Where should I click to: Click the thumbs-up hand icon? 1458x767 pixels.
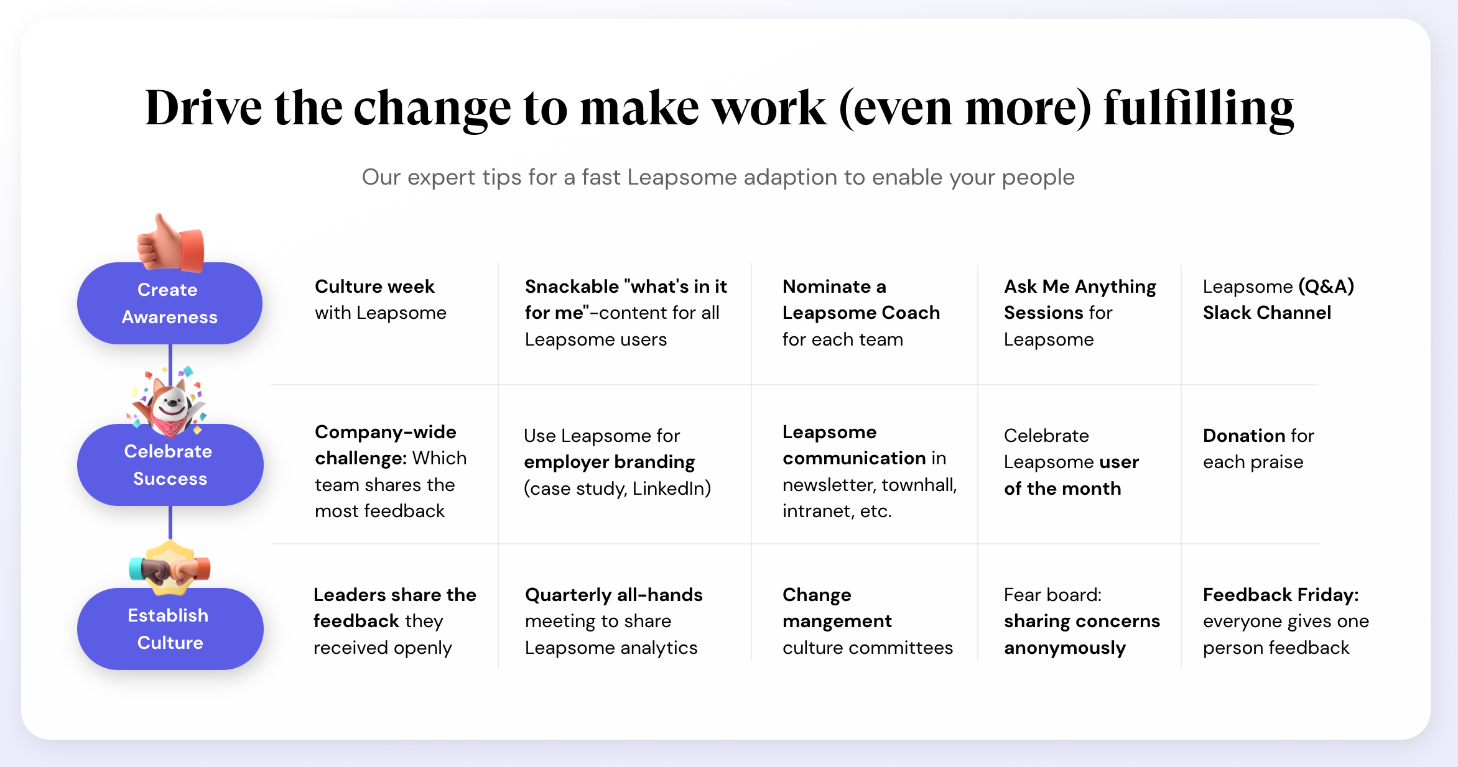coord(170,243)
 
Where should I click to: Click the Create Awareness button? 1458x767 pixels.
coord(170,303)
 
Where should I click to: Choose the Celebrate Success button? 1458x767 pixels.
coord(170,465)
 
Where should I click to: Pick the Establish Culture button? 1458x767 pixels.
coord(170,629)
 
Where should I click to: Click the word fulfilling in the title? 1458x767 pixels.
coord(1199,109)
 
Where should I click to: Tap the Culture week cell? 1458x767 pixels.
coord(381,300)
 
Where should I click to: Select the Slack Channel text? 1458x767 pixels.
coord(1267,313)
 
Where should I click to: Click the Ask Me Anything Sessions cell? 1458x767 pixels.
coord(1080,313)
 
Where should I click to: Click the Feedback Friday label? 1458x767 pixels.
coord(1281,595)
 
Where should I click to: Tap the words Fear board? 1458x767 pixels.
coord(1052,595)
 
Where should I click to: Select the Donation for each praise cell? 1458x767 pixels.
coord(1258,449)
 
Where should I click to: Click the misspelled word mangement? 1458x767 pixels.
coord(837,622)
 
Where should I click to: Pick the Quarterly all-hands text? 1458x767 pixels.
coord(614,595)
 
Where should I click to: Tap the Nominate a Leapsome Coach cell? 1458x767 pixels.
coord(861,313)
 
